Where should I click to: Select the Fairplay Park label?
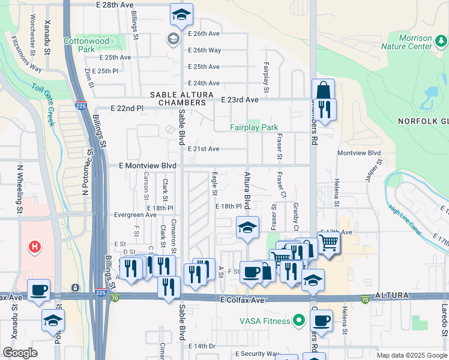[x=254, y=127]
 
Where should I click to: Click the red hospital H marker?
[x=35, y=246]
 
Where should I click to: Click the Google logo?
[x=20, y=353]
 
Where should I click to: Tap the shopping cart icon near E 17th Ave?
[x=328, y=243]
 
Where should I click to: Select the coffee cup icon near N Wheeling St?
[x=39, y=290]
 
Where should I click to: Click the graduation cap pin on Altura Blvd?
[x=247, y=227]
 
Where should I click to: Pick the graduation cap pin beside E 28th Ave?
[x=180, y=14]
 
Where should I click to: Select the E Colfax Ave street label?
[x=243, y=299]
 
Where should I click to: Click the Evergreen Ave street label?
[x=134, y=215]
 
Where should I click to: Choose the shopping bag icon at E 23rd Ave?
[x=322, y=91]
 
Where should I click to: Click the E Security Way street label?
[x=258, y=353]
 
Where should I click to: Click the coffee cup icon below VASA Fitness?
[x=322, y=320]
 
